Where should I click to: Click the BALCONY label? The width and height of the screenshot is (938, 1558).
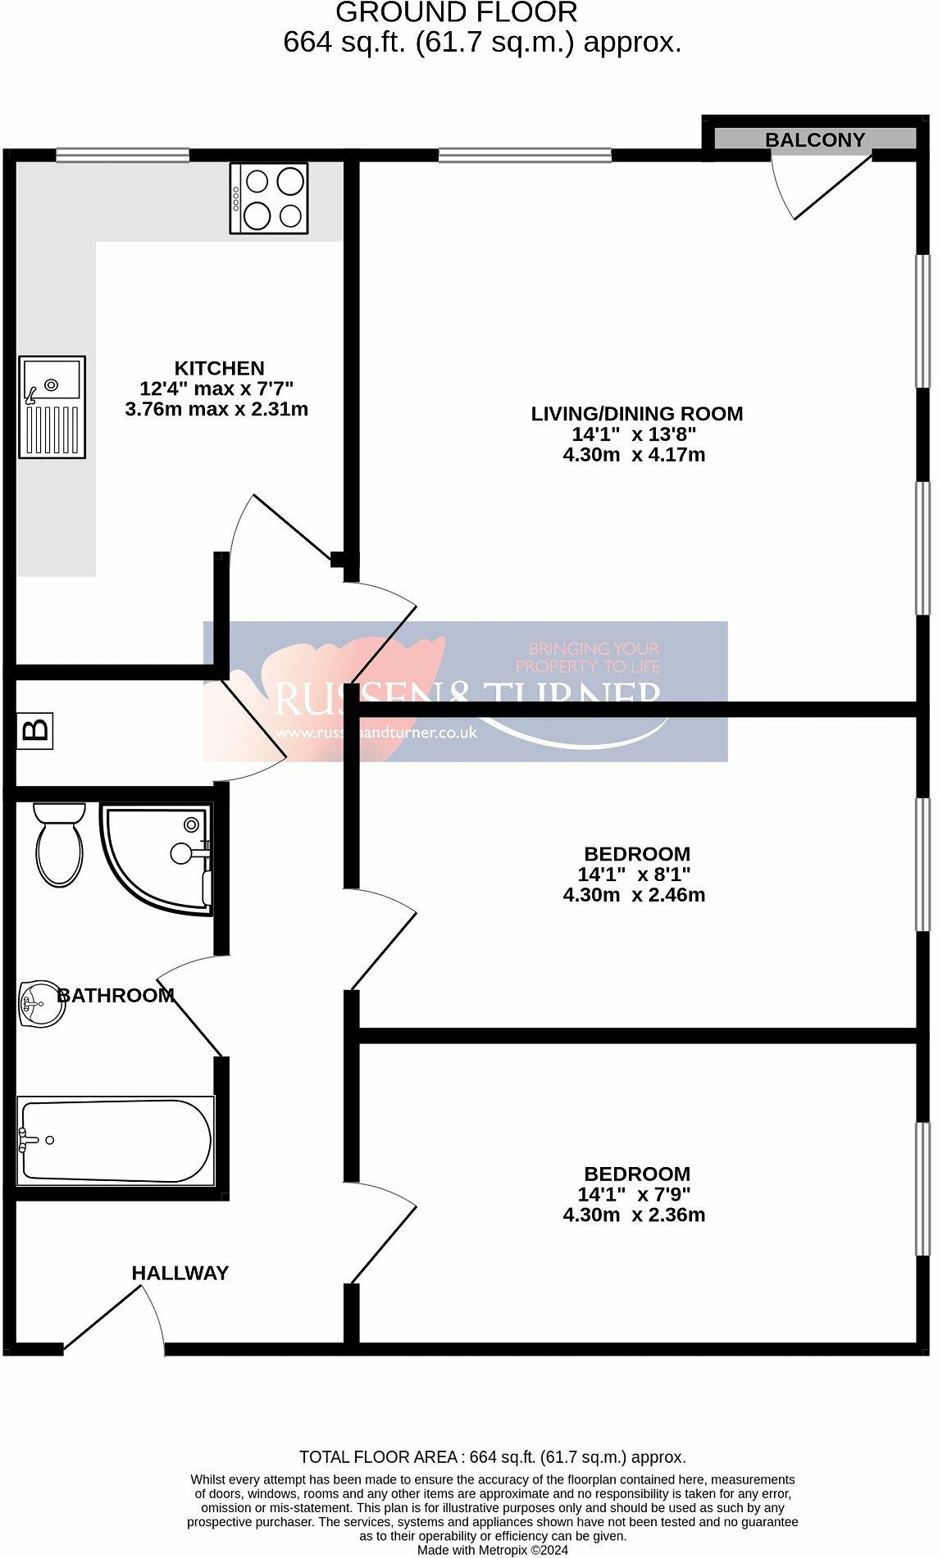(815, 140)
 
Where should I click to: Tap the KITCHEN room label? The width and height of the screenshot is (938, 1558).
(219, 368)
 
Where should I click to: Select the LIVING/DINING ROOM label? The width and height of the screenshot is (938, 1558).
(637, 414)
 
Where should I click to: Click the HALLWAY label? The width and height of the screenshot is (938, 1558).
(180, 1273)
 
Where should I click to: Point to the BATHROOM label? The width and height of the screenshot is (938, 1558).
(116, 995)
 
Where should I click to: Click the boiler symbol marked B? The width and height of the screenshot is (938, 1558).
(35, 729)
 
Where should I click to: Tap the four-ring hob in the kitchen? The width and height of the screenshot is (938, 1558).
(270, 198)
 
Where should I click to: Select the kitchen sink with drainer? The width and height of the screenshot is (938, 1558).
(52, 407)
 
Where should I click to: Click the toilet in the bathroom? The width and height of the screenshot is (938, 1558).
(59, 844)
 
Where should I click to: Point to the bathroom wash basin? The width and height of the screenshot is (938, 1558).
(42, 1003)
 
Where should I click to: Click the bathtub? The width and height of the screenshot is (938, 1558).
(116, 1140)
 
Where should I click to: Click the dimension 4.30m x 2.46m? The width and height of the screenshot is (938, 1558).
(634, 895)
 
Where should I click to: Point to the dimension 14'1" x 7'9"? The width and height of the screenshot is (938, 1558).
(634, 1194)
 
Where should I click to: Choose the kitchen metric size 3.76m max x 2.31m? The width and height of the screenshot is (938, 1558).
(216, 409)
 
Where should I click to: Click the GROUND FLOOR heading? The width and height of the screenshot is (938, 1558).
(456, 13)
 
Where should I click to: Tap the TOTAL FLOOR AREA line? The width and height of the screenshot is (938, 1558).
(492, 1457)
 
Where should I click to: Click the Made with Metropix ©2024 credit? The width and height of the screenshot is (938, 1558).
(492, 1550)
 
